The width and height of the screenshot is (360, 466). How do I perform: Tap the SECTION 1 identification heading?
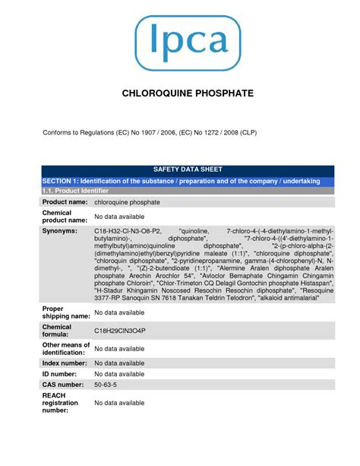pyautogui.click(x=181, y=181)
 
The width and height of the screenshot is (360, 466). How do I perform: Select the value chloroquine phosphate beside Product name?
pyautogui.click(x=127, y=202)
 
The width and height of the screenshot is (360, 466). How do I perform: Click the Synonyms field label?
pyautogui.click(x=60, y=230)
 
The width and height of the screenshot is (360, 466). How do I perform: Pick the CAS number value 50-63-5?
pyautogui.click(x=104, y=385)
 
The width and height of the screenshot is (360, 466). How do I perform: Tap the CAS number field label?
pyautogui.click(x=67, y=385)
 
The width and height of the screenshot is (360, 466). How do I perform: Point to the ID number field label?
pyautogui.click(x=64, y=374)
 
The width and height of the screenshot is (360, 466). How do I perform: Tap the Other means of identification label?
pyautogui.click(x=66, y=348)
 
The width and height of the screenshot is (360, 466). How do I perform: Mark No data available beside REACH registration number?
pyautogui.click(x=119, y=403)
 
